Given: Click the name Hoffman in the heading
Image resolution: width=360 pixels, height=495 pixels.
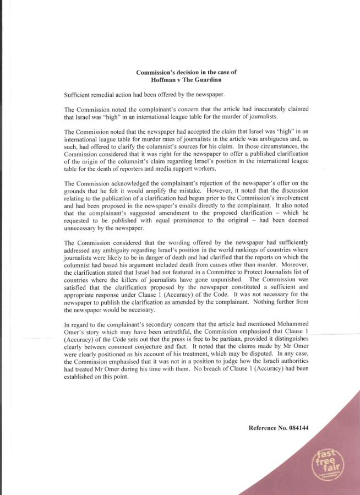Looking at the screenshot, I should pos(163,80).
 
